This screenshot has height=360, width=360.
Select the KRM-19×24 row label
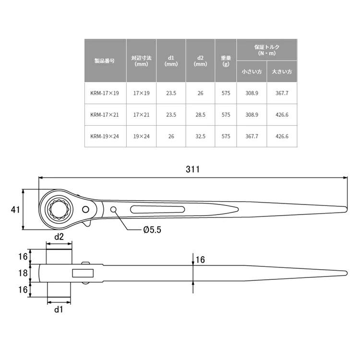click(x=105, y=136)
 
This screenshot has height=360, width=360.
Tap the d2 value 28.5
click(x=200, y=115)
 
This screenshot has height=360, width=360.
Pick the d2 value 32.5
click(x=200, y=136)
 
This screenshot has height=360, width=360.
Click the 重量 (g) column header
click(x=226, y=60)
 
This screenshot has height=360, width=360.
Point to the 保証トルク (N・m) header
click(x=267, y=50)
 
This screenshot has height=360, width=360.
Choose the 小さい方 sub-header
click(x=252, y=72)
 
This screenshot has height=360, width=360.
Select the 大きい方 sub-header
click(x=282, y=72)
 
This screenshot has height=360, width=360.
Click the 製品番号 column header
click(x=105, y=61)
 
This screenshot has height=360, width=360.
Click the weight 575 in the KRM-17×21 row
click(x=226, y=115)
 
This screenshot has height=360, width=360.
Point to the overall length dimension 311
click(x=192, y=169)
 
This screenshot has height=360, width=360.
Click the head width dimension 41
click(x=15, y=209)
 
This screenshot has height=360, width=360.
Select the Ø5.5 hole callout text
click(x=152, y=230)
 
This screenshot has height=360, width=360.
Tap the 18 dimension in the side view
click(x=23, y=273)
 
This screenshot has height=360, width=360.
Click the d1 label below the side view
click(x=59, y=310)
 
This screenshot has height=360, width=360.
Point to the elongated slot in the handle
click(x=157, y=209)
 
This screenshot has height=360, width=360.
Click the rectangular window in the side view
click(x=83, y=273)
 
